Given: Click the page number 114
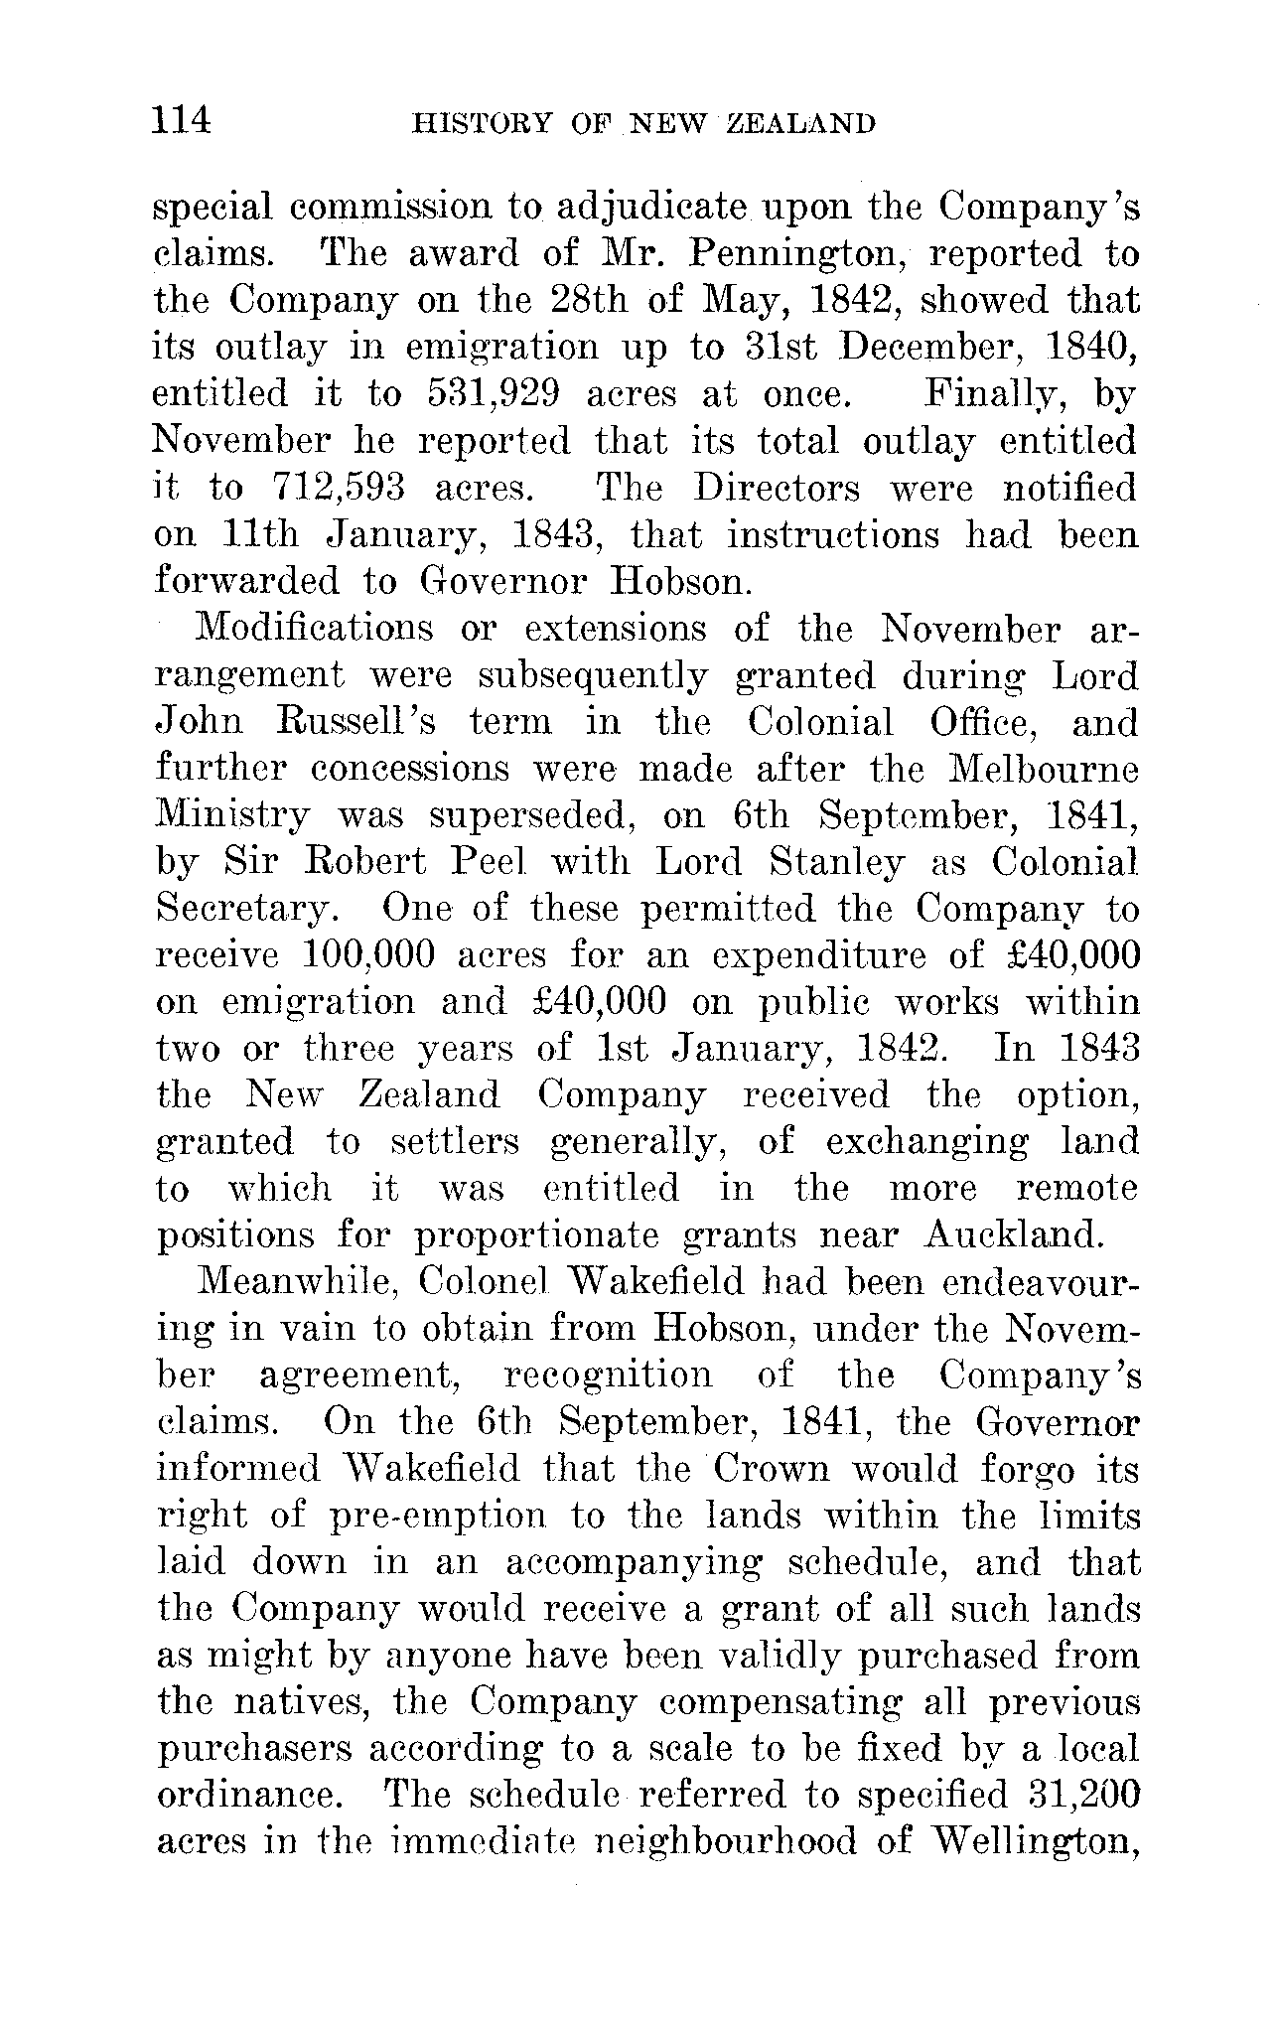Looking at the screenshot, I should coord(182,120).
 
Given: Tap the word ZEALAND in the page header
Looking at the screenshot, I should coord(801,123).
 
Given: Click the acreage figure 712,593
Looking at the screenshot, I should coord(337,489).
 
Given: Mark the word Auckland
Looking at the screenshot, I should coord(1014,1235).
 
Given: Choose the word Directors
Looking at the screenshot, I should coord(777,489).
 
